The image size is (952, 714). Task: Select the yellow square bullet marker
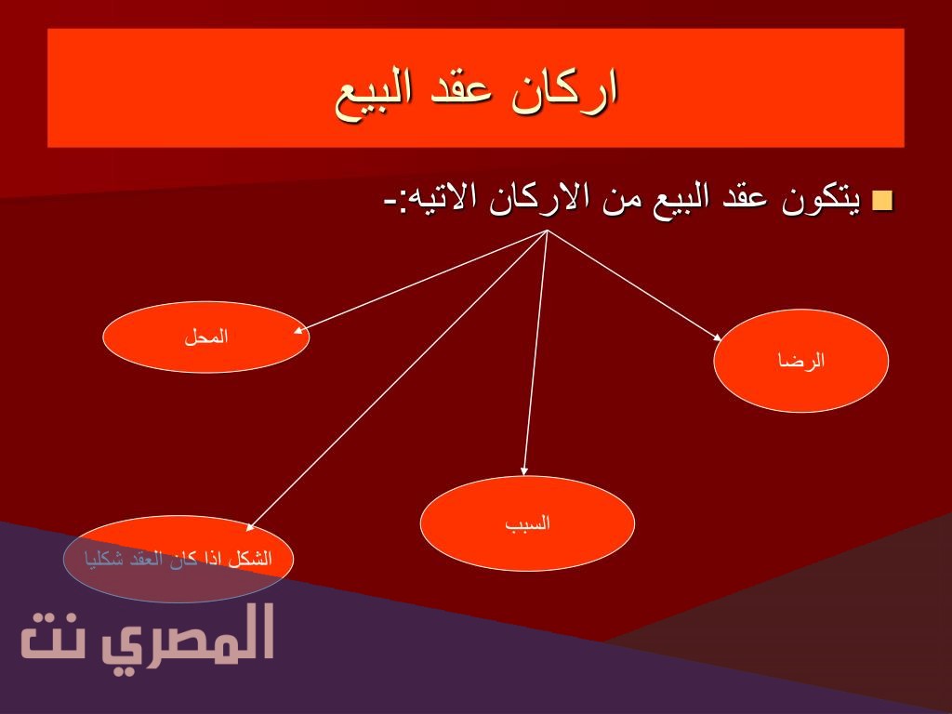point(882,201)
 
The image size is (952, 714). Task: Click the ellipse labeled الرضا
point(800,361)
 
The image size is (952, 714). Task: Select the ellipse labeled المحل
point(205,337)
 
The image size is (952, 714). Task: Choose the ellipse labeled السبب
point(527,523)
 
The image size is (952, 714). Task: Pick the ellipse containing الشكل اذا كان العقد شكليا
point(178,559)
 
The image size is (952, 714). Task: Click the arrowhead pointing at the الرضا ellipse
point(717,337)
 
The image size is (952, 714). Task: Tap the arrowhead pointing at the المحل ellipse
point(298,331)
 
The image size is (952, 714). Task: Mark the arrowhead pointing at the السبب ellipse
point(524,470)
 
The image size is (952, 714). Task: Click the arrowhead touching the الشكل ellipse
point(249,526)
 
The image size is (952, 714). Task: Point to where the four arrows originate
point(548,231)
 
